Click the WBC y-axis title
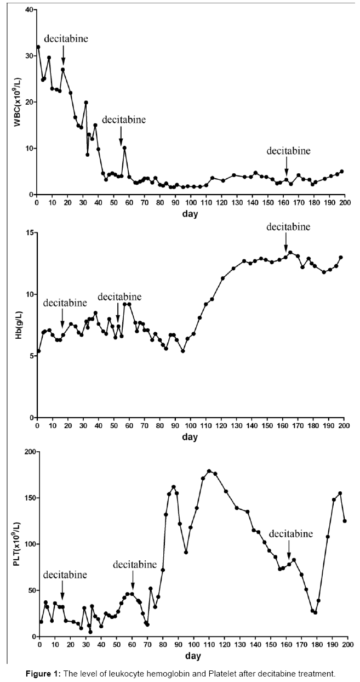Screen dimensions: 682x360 tap(17, 103)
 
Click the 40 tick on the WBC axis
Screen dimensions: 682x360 tap(27, 10)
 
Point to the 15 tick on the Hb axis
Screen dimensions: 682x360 tap(28, 232)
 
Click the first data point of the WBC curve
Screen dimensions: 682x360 tap(38, 47)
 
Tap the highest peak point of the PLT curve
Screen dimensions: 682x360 tap(209, 471)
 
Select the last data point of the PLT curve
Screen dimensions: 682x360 tap(345, 521)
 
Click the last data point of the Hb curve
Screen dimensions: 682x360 tap(341, 257)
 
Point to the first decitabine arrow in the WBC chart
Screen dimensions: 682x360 tap(63, 55)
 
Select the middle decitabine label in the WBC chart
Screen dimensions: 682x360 tap(124, 120)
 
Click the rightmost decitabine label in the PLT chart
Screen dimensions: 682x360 tap(291, 533)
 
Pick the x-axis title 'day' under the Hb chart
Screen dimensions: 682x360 tap(190, 437)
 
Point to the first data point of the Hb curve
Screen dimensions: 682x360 tap(38, 351)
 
